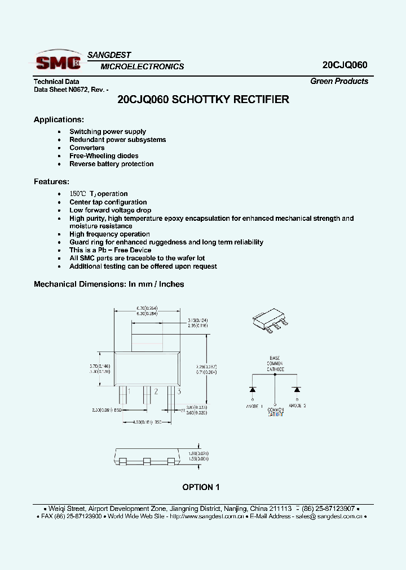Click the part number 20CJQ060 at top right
345,65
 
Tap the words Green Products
339,81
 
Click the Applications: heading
59,119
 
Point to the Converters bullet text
87,148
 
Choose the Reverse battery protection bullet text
111,164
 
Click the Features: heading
51,181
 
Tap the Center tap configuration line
108,202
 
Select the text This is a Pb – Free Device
110,250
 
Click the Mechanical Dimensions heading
109,284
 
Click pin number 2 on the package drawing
156,391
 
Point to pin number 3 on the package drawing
179,391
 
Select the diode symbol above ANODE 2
296,389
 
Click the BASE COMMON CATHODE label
275,363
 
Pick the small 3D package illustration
271,321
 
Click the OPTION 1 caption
201,487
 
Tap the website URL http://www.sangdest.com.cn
206,516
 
